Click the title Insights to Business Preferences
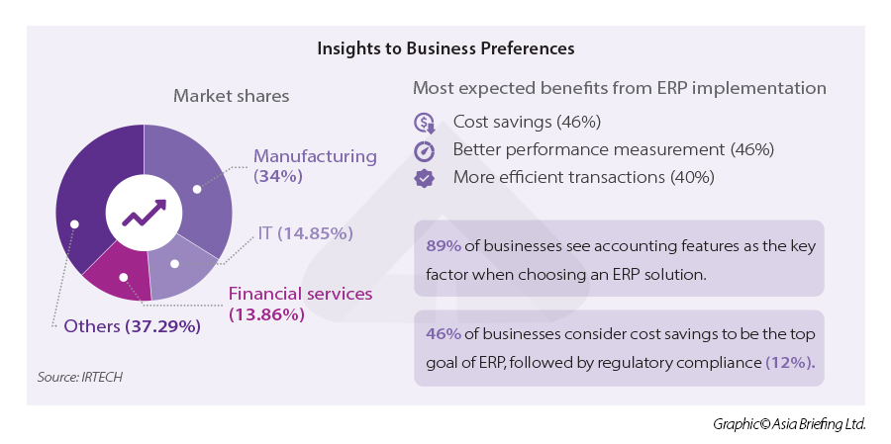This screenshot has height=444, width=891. click(445, 47)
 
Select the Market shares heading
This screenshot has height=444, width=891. click(232, 96)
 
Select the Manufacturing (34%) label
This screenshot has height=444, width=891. click(315, 166)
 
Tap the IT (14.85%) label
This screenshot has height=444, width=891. click(305, 233)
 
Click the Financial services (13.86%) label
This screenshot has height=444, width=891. click(300, 304)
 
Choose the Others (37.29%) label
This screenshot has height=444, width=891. click(131, 326)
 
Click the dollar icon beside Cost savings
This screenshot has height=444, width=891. click(425, 123)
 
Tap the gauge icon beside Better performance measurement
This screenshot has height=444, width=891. click(425, 150)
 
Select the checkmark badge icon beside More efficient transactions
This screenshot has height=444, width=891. click(425, 178)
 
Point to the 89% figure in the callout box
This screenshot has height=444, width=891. click(442, 246)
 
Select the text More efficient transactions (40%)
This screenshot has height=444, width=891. click(583, 178)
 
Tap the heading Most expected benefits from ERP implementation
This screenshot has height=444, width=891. click(619, 88)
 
